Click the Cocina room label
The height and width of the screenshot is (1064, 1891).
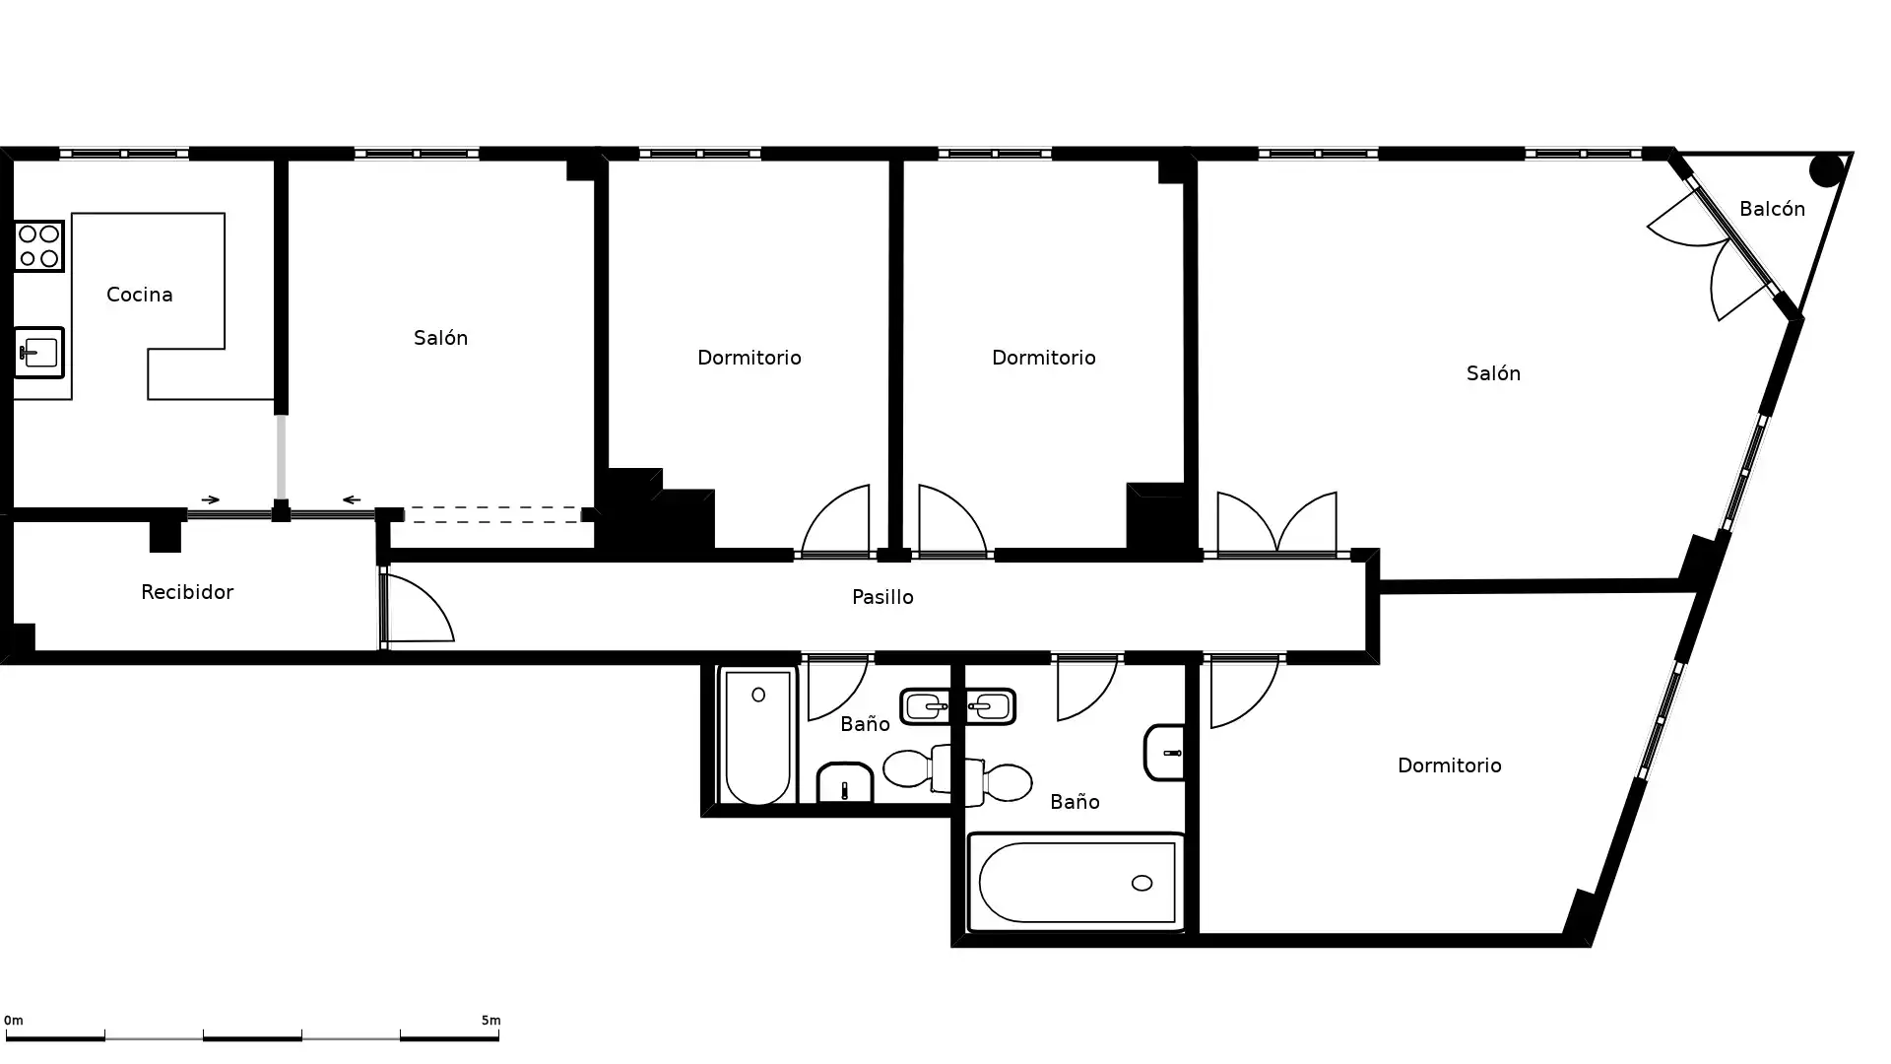[x=139, y=295]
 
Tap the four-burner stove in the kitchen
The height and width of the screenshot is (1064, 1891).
[x=39, y=245]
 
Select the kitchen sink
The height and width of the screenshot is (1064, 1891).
[x=39, y=352]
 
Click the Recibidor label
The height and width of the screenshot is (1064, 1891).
[x=187, y=592]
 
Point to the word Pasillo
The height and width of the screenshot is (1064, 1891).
[x=882, y=597]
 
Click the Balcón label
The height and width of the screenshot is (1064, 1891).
[x=1772, y=209]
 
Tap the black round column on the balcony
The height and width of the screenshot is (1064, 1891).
[x=1826, y=170]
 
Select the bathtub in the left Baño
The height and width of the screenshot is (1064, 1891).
[x=757, y=736]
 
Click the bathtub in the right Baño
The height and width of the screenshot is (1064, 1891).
[x=1076, y=883]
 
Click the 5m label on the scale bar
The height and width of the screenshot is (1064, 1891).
[x=490, y=1021]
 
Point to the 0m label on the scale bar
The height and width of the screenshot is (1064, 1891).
[x=14, y=1021]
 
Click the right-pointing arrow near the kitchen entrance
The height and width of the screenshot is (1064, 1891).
[x=211, y=499]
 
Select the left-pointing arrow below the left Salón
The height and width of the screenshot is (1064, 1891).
[x=352, y=499]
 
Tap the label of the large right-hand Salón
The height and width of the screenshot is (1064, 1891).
[x=1493, y=373]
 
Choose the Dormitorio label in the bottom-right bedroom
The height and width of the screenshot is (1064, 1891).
[x=1449, y=765]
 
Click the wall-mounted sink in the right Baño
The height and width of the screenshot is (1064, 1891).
[x=1165, y=753]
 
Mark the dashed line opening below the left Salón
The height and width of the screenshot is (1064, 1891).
[x=492, y=514]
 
